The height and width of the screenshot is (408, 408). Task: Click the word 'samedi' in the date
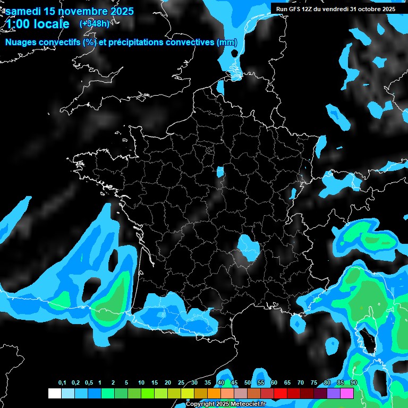(24, 11)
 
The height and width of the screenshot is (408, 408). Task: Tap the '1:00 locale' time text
(37, 24)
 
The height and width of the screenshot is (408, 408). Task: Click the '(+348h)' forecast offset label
(95, 24)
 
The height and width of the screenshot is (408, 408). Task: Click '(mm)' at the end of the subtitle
(227, 42)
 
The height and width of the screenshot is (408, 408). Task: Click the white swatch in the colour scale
(54, 394)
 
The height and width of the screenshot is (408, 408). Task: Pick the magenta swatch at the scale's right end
(347, 394)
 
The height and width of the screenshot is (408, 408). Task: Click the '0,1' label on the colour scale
(62, 383)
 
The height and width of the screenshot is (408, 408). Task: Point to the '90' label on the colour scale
(354, 383)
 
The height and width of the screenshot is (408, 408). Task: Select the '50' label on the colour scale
(248, 383)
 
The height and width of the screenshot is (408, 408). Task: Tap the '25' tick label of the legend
(181, 383)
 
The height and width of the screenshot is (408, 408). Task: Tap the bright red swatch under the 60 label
(280, 394)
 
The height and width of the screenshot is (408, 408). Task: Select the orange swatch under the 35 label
(214, 394)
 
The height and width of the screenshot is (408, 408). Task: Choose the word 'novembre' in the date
(81, 11)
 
